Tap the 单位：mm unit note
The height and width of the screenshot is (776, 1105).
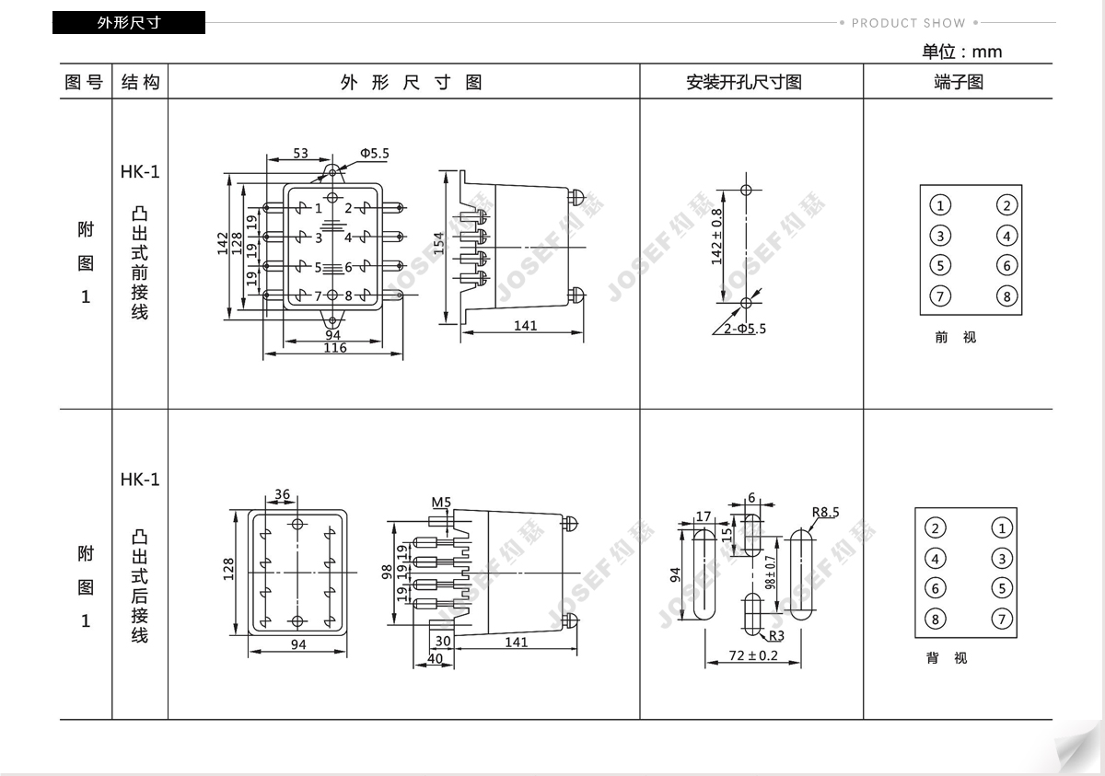(961, 52)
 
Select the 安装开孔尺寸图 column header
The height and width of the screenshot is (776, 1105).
(744, 82)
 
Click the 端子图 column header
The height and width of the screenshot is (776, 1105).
(959, 82)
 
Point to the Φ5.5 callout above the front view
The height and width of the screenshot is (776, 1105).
(374, 154)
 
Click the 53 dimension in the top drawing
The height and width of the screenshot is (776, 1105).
(300, 154)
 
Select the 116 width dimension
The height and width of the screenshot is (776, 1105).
(335, 348)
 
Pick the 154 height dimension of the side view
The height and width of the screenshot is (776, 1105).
(439, 244)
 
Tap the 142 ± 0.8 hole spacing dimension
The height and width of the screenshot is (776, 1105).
(717, 237)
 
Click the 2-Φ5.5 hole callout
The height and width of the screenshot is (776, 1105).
(744, 328)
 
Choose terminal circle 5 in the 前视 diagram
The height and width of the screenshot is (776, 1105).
(939, 266)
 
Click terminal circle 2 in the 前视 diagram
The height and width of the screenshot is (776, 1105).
(1007, 205)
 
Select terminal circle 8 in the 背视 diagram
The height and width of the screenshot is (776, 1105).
(936, 618)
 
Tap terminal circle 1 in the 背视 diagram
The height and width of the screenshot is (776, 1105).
(1002, 527)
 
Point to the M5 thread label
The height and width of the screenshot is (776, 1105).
(441, 502)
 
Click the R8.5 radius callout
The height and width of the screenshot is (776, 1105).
(825, 513)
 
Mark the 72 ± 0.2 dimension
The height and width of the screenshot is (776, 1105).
(752, 655)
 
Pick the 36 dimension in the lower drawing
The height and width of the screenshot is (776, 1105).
(282, 494)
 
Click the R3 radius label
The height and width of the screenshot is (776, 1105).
(776, 635)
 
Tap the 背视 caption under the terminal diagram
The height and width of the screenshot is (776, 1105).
(947, 658)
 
